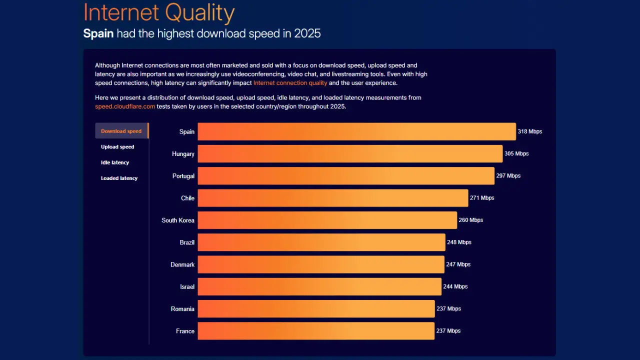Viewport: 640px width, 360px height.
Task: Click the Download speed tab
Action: pyautogui.click(x=121, y=131)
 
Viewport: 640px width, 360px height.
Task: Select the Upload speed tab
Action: pyautogui.click(x=117, y=147)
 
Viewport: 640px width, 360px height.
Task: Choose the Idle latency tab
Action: pyautogui.click(x=115, y=162)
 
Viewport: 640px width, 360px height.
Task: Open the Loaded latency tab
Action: pyautogui.click(x=119, y=178)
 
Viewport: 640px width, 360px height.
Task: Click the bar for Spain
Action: pyautogui.click(x=356, y=131)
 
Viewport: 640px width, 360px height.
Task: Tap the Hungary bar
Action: pyautogui.click(x=350, y=153)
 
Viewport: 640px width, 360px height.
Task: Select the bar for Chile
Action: pyautogui.click(x=332, y=198)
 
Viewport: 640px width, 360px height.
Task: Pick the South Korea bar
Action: pyautogui.click(x=327, y=220)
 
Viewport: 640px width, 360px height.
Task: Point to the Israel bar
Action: pyautogui.click(x=319, y=286)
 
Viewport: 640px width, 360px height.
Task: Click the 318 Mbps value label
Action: pyautogui.click(x=530, y=131)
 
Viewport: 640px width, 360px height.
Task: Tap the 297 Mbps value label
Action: pyautogui.click(x=508, y=176)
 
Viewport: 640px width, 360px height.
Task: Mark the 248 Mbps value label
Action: pyautogui.click(x=459, y=242)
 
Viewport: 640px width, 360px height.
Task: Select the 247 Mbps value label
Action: pyautogui.click(x=458, y=264)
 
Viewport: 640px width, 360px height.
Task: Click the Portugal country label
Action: pyautogui.click(x=183, y=176)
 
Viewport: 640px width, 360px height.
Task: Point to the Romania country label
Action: pyautogui.click(x=182, y=309)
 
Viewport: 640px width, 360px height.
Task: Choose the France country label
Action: pyautogui.click(x=185, y=331)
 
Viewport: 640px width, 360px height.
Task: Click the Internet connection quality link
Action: pyautogui.click(x=290, y=83)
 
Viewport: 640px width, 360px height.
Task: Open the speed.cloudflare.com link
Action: pyautogui.click(x=125, y=106)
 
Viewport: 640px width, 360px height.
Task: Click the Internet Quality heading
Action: pyautogui.click(x=158, y=13)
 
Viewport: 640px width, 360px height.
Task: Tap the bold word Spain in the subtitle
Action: pyautogui.click(x=98, y=34)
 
